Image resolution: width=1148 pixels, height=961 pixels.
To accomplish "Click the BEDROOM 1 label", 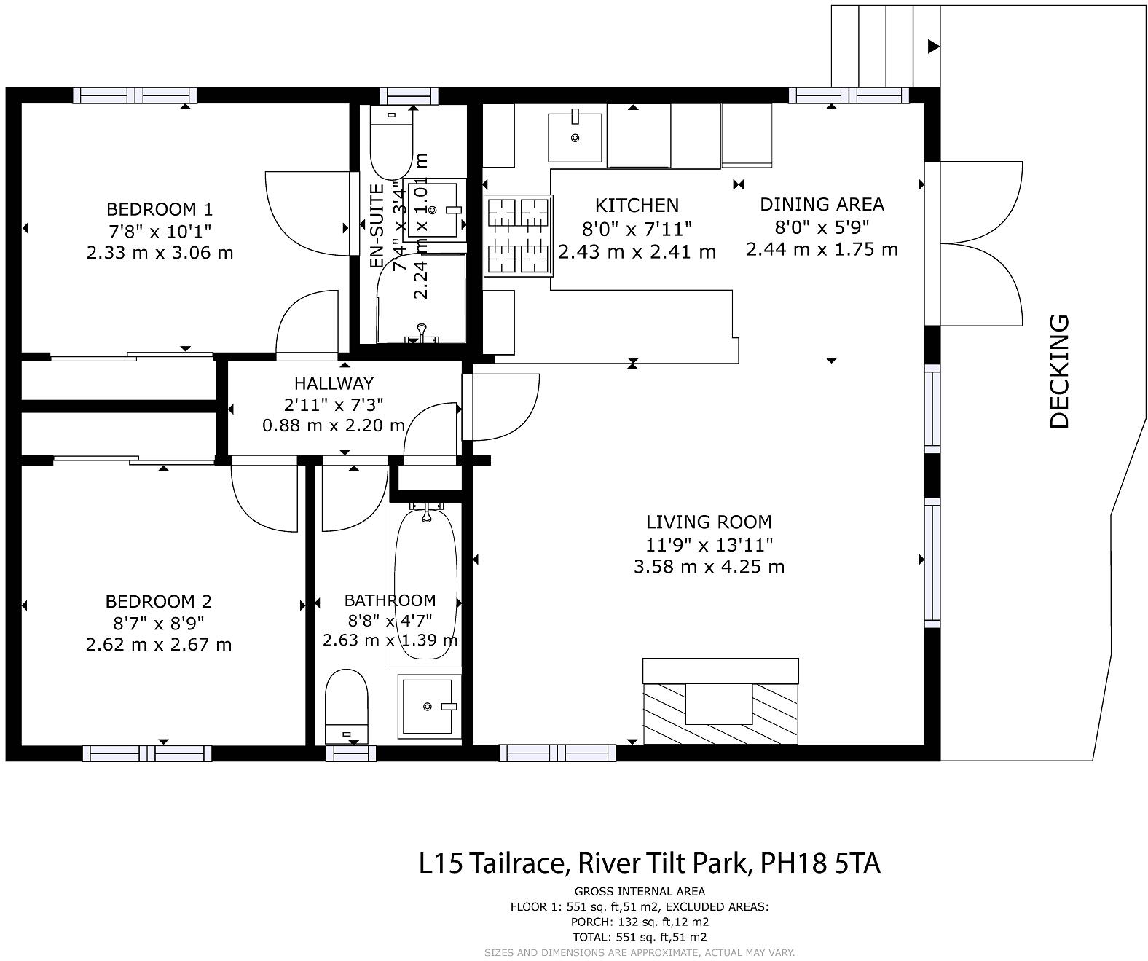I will (x=160, y=210).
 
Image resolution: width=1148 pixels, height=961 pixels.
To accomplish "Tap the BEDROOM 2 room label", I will (x=159, y=602).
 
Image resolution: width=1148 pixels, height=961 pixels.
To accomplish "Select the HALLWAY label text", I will (x=334, y=383).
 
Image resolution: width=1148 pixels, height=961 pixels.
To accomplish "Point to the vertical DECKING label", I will (x=1060, y=372).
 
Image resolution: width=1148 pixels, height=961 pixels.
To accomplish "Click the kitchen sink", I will (x=575, y=137).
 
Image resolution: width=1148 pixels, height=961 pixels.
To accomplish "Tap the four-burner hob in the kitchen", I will (x=519, y=236).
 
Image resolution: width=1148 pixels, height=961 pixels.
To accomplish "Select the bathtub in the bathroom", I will (x=426, y=583).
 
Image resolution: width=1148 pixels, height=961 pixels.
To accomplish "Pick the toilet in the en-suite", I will (x=391, y=140).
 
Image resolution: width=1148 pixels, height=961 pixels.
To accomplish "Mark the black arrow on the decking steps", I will (x=933, y=47).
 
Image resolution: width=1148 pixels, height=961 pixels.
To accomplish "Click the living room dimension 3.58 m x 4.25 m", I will (x=709, y=567).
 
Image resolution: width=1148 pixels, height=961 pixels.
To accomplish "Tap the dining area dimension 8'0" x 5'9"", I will (x=822, y=227).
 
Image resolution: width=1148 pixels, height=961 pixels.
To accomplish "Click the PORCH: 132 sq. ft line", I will (x=639, y=922).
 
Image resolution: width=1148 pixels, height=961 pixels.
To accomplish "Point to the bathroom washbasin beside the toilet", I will (x=429, y=706).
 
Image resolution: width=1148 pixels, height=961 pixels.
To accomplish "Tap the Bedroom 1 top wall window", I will (x=135, y=95).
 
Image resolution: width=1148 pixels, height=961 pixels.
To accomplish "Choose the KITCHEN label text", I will (x=637, y=206).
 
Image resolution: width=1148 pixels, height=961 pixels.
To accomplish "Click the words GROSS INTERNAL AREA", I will (x=639, y=891).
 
